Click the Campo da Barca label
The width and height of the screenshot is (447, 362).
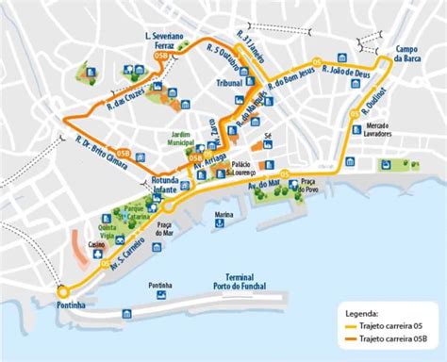coord(413,54)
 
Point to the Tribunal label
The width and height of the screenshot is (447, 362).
coord(229,84)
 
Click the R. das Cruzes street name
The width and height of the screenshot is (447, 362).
coord(122,93)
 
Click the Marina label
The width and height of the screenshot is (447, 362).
coord(223,216)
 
